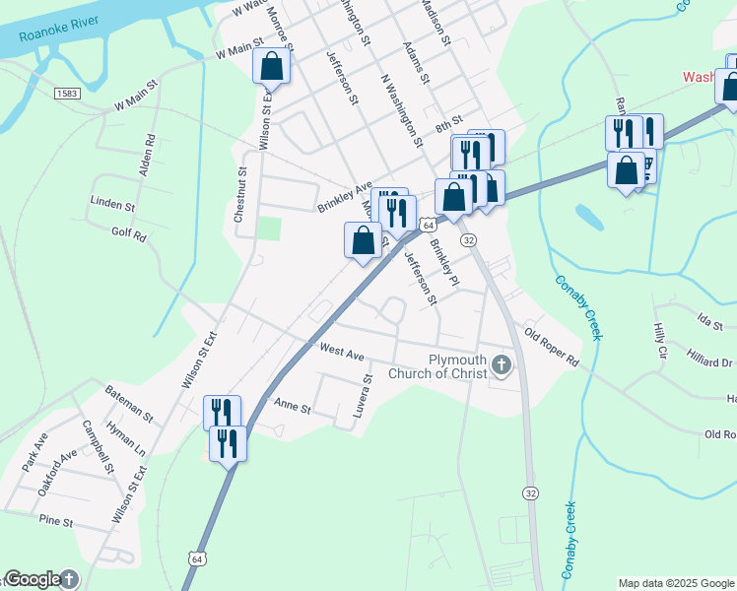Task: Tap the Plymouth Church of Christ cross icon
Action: coord(502,366)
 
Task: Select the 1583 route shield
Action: coord(67,93)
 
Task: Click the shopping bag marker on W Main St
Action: coord(272,67)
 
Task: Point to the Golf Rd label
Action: coord(128,235)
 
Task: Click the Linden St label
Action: coord(111,206)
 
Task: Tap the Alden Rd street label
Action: coord(148,155)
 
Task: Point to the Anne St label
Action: coord(292,406)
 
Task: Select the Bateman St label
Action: coord(129,404)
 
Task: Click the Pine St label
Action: coord(56,519)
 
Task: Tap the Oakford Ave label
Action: coord(54,469)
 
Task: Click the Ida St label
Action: coord(709,322)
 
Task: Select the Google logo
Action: coord(33,580)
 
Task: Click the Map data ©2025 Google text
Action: coord(675,583)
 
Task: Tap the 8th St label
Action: coord(449,124)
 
